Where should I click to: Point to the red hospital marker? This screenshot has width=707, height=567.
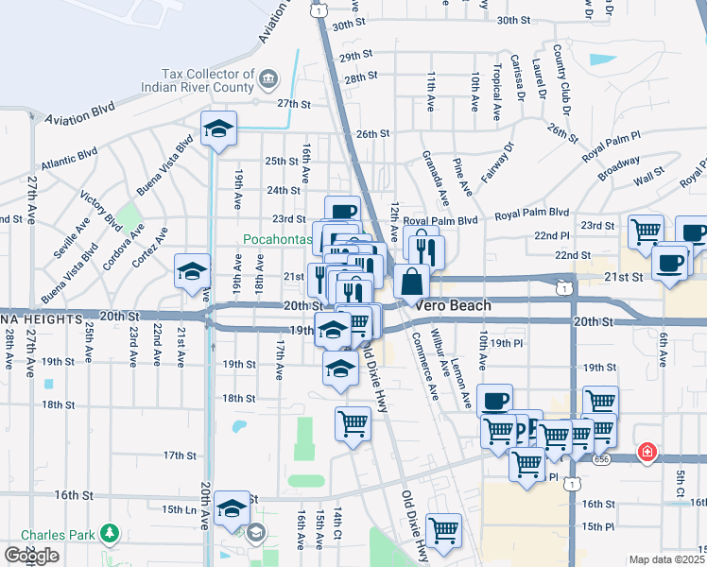(x=647, y=453)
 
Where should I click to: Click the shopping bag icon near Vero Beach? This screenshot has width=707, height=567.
(x=413, y=281)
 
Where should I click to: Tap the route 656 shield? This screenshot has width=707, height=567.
(x=602, y=458)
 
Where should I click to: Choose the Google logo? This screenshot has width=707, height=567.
(x=32, y=556)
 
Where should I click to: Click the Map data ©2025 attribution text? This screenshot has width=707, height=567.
(x=667, y=559)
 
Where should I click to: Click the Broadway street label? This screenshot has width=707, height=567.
(x=620, y=167)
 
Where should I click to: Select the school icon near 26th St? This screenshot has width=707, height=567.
(x=218, y=129)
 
